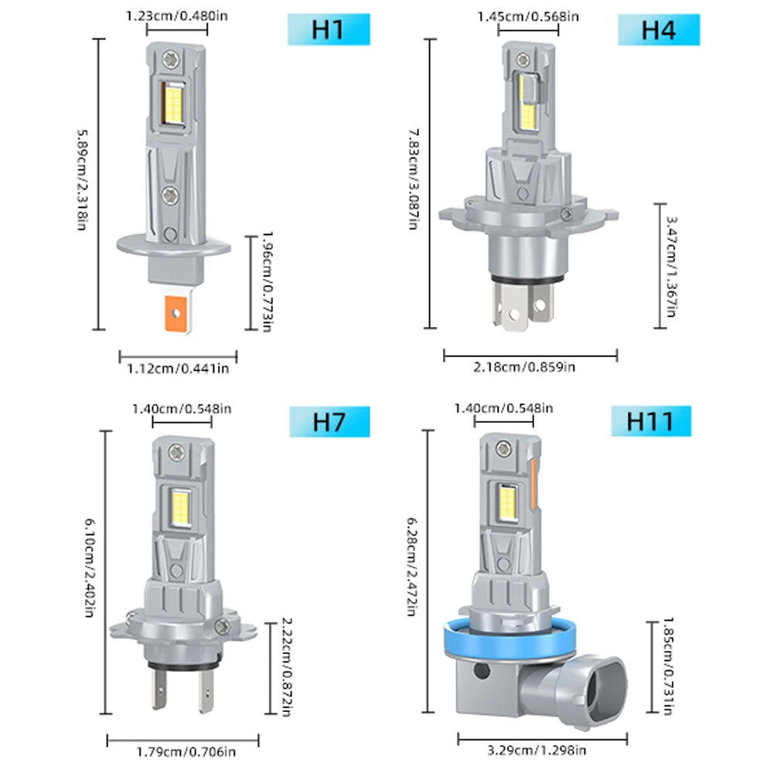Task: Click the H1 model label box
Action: pos(330,30)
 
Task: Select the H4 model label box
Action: pos(659,30)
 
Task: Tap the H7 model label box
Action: pos(330,422)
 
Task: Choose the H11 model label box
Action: pos(650,422)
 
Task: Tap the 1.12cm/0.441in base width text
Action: pos(178,369)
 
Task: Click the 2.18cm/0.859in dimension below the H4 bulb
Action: pos(530,367)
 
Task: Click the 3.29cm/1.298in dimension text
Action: pos(536,751)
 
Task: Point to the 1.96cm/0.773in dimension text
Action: pos(267,281)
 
